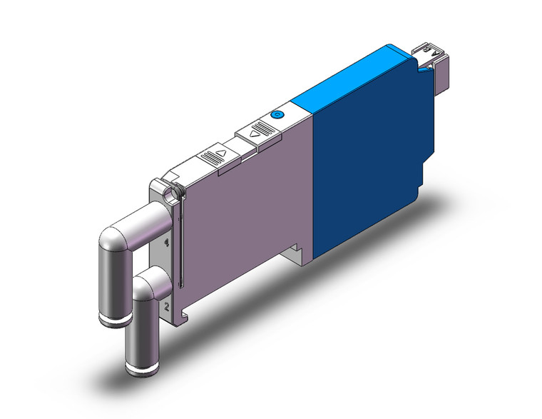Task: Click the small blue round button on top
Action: [x=277, y=115]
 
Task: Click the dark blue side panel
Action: [x=364, y=164]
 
